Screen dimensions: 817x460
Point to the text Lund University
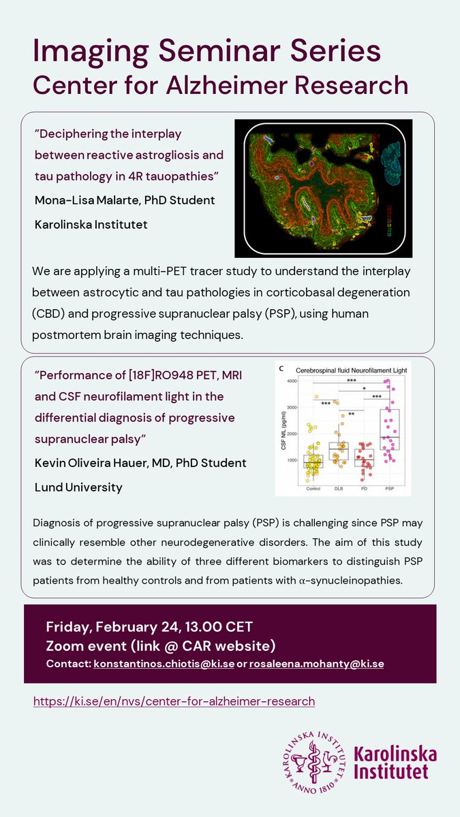tap(79, 487)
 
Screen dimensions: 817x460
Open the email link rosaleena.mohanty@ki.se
tap(316, 663)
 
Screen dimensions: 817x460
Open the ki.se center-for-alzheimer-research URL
tap(174, 701)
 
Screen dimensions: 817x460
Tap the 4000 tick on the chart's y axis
tap(291, 381)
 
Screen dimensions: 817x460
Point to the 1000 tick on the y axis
tap(292, 461)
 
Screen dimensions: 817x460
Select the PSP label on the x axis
tap(390, 489)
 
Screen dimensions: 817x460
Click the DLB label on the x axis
tap(339, 489)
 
